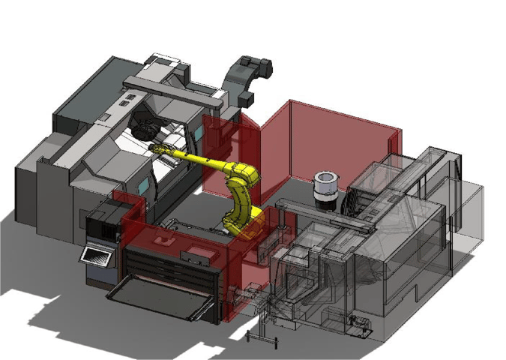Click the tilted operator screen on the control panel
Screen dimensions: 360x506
click(96, 256)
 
